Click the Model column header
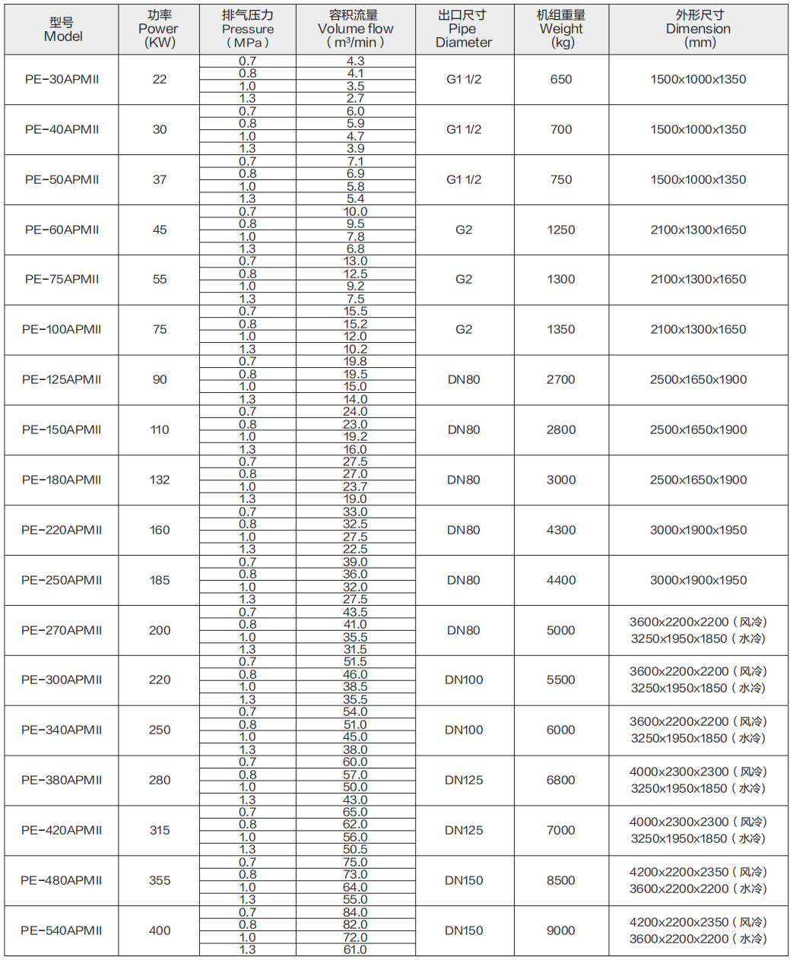[62, 30]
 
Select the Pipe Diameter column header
[463, 29]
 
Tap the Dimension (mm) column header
[698, 29]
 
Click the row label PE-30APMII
[62, 79]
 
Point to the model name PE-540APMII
[62, 930]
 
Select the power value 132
[160, 480]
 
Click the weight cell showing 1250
[561, 230]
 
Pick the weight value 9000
[561, 930]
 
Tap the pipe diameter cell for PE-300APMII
[464, 680]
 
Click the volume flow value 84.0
[355, 912]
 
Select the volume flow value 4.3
[355, 61]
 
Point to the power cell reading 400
[160, 930]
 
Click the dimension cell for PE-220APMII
[698, 530]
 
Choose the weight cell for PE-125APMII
[561, 379]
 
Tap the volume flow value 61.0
[355, 949]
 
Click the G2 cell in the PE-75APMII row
[464, 279]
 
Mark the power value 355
[160, 880]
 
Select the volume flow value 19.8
[355, 361]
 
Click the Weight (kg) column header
[561, 29]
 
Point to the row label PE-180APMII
[62, 480]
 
